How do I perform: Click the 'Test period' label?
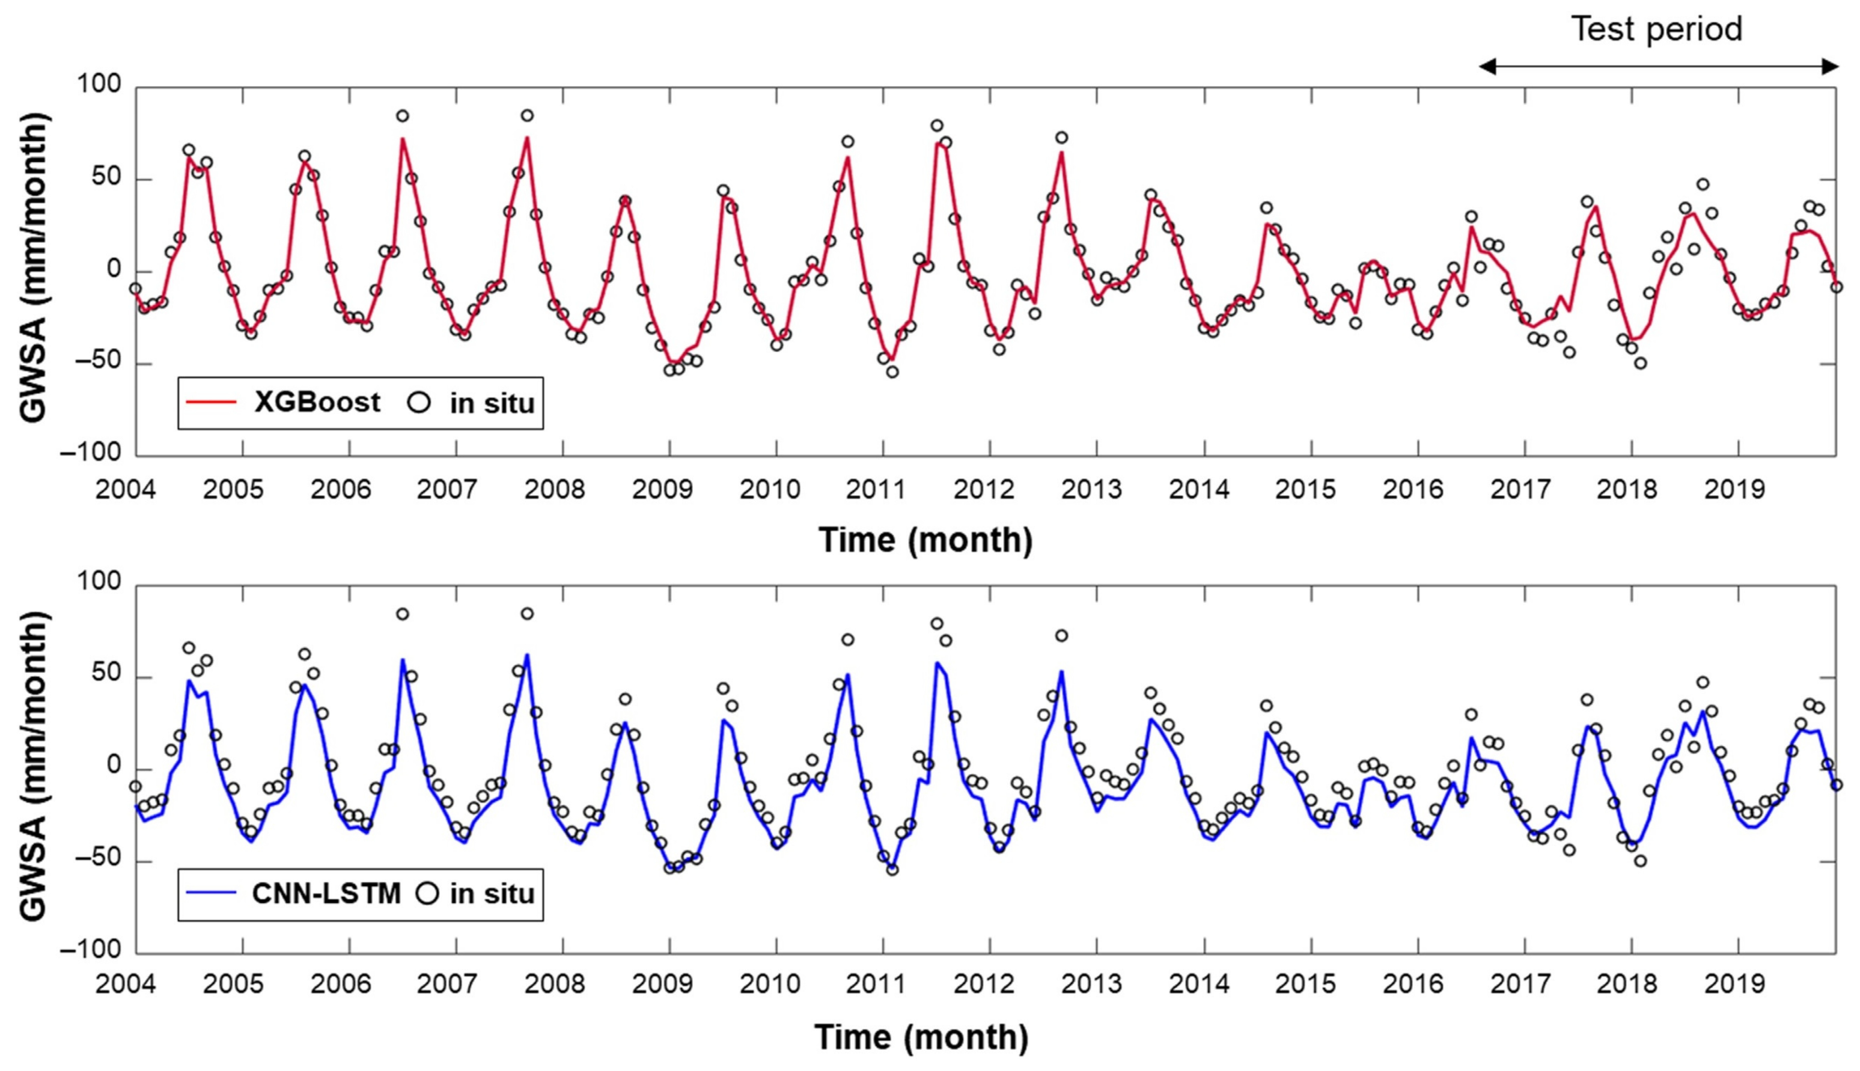pos(1656,29)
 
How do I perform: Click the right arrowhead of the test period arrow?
pos(1830,67)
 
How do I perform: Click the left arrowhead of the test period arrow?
pos(1487,67)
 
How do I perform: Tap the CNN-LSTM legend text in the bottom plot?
pos(326,894)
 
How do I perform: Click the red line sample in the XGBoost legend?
pos(210,402)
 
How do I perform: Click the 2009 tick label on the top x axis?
pos(663,490)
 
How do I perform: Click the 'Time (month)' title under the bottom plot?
pos(921,1038)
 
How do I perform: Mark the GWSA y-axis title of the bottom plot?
pos(33,765)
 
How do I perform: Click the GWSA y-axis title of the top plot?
pos(33,269)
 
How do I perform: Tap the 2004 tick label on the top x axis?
pos(126,490)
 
